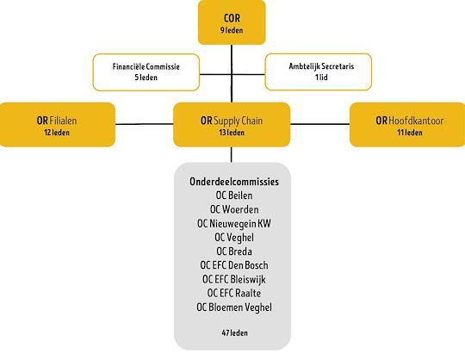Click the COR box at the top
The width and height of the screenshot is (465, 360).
232,22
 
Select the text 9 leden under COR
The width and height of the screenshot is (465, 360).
232,30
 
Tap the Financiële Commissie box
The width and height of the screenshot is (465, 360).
146,72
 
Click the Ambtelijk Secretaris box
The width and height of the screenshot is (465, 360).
319,71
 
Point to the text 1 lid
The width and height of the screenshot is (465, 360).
321,78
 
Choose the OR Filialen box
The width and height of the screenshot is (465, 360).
57,125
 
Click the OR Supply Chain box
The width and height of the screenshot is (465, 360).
232,125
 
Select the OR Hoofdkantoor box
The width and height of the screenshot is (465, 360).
407,125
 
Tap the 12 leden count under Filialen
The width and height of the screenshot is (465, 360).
57,133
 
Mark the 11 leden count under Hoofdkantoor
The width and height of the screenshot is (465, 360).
410,133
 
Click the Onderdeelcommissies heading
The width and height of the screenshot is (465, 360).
234,182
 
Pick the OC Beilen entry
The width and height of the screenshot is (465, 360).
234,196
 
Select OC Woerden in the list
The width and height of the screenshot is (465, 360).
234,209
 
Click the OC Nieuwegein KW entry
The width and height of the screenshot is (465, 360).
234,223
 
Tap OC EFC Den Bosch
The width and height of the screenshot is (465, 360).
234,265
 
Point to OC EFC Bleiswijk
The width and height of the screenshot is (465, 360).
234,279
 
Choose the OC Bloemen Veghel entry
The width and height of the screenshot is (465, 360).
234,307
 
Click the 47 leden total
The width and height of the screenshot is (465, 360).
234,333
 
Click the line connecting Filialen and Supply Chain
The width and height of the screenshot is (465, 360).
145,124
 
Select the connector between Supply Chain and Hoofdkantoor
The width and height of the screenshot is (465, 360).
320,124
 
